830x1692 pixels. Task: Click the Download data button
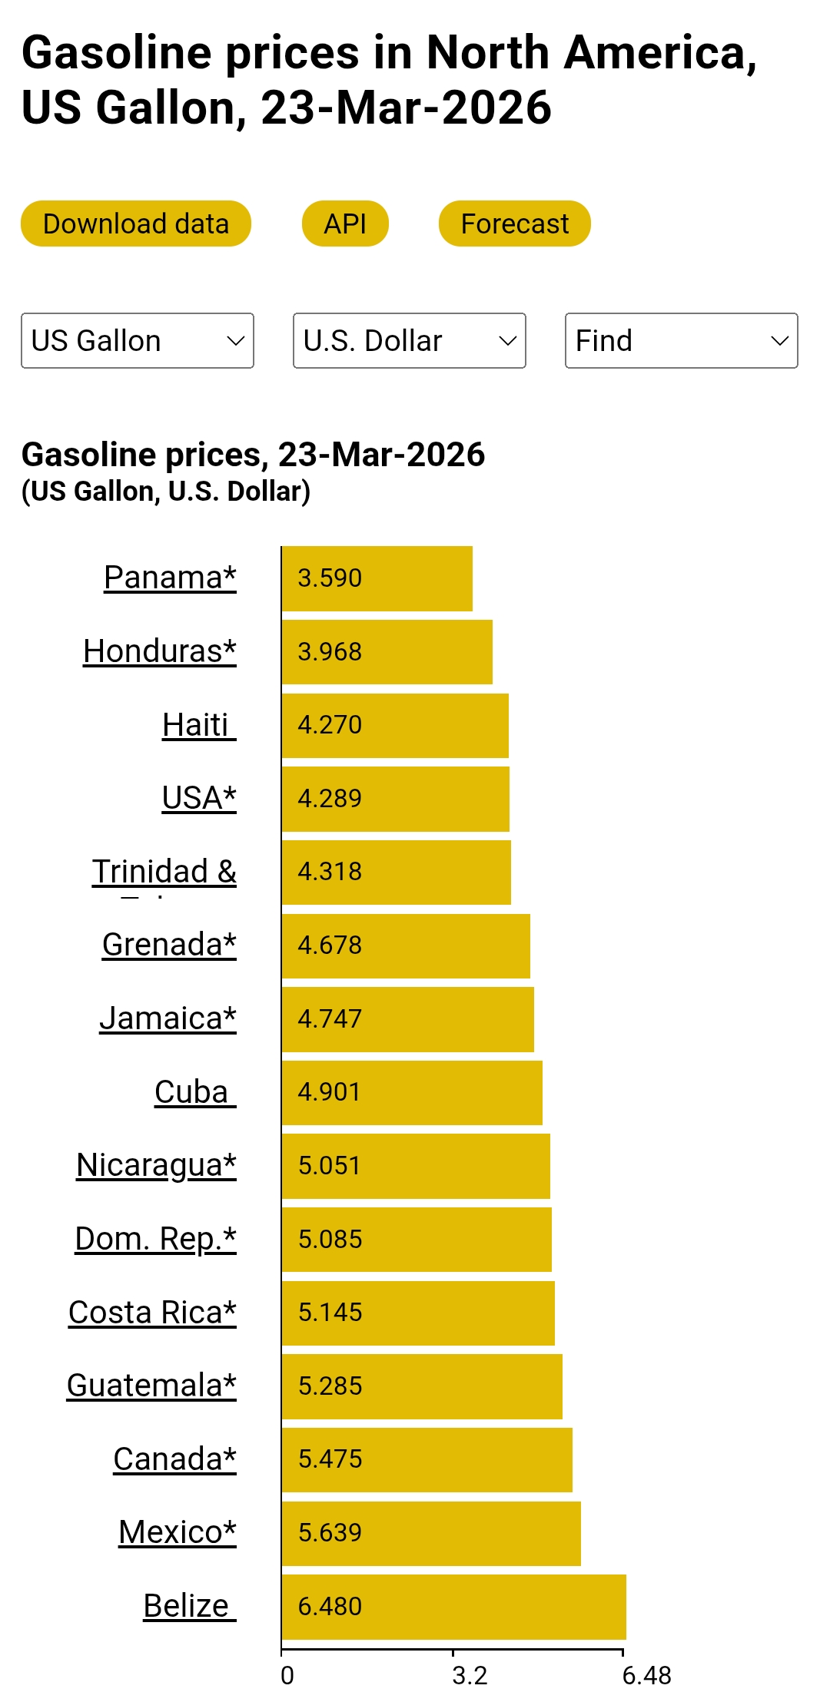(136, 224)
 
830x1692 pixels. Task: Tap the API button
(345, 224)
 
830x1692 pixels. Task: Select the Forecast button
(514, 224)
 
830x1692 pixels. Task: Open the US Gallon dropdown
(138, 340)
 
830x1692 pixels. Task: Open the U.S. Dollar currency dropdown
(409, 340)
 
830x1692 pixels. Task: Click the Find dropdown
(681, 340)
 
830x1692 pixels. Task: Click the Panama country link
(170, 578)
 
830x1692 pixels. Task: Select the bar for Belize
(453, 1606)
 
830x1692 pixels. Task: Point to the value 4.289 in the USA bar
(330, 798)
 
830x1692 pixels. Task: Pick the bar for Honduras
(387, 651)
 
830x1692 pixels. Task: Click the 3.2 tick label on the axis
(470, 1675)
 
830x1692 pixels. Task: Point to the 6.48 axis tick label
(646, 1675)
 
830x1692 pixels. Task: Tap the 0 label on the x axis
(287, 1675)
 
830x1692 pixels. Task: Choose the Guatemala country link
(151, 1386)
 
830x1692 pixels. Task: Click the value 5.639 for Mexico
(330, 1532)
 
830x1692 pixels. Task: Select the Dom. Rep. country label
(155, 1239)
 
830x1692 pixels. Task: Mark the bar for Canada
(427, 1459)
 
